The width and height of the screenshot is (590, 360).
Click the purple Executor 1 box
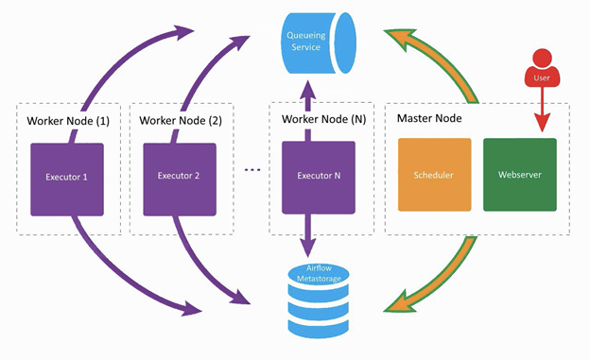point(67,180)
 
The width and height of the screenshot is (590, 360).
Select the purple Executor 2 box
point(180,180)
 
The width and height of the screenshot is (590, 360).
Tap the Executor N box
point(319,178)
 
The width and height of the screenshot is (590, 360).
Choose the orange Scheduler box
point(435,175)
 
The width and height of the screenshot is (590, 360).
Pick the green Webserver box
point(520,175)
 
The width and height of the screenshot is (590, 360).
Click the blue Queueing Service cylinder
point(319,43)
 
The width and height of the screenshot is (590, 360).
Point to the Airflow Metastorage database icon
point(319,300)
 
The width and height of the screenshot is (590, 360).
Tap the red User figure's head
point(542,59)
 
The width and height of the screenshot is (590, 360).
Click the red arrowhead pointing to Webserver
point(542,122)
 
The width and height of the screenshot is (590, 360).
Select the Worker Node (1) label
point(68,121)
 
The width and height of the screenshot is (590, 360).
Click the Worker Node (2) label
point(181,120)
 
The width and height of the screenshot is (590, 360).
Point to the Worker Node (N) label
point(323,119)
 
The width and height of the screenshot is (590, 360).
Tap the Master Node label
point(429,118)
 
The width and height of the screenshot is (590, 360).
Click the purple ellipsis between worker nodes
point(252,170)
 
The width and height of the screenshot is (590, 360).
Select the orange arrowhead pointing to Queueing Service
point(400,39)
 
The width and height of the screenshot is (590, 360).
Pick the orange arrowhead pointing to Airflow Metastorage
point(400,300)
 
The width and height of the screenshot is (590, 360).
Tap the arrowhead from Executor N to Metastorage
point(308,248)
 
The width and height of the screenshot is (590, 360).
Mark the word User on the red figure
point(542,77)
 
